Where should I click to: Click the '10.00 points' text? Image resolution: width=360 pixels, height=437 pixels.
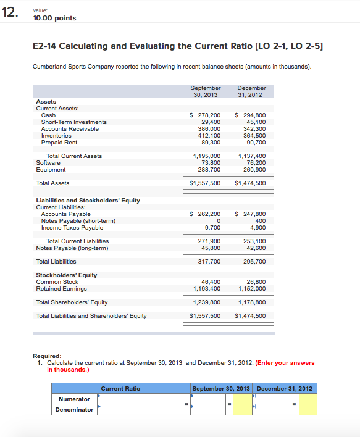point(55,18)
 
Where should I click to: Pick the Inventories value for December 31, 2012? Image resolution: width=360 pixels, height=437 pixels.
point(253,136)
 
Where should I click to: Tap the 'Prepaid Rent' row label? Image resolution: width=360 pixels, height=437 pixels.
point(59,143)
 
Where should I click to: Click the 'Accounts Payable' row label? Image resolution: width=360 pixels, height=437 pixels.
point(66,214)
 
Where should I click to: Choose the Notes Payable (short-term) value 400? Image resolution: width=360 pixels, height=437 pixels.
point(260,221)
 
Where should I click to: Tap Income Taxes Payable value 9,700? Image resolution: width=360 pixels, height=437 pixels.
point(212,228)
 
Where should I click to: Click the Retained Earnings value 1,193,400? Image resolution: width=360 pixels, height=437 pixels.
point(207,289)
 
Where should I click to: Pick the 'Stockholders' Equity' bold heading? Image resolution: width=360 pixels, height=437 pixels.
point(66,275)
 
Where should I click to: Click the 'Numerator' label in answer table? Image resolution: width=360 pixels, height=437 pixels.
point(74,399)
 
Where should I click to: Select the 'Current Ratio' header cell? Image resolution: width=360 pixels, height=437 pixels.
point(120,389)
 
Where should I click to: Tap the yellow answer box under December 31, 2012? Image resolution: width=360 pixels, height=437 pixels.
point(308,404)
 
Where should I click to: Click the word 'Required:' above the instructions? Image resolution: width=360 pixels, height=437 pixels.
point(49,356)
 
